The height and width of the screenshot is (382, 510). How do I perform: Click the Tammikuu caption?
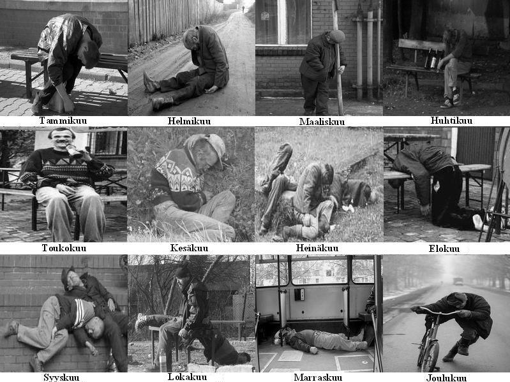coord(63,121)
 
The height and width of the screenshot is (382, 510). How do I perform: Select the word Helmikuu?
coord(189,121)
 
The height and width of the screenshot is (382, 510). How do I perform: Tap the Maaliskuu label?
coord(322,122)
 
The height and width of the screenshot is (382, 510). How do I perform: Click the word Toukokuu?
coord(64,248)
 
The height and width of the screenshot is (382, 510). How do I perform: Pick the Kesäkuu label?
coord(189,248)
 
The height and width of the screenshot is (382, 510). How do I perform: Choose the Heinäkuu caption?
coord(317,248)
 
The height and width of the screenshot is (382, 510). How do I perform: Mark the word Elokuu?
coord(444,249)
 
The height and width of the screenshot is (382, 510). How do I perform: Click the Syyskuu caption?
coord(61,378)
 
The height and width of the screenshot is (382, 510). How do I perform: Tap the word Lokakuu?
coord(187,377)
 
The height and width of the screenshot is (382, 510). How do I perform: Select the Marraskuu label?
coord(318,378)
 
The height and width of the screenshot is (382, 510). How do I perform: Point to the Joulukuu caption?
coord(446,378)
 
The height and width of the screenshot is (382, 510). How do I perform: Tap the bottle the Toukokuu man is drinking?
coord(74,151)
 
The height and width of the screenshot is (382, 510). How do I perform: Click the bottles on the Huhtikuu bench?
coord(431,59)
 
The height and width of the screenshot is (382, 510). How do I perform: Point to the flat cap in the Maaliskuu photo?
coord(336,36)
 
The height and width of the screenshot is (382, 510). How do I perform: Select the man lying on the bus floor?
coord(320,340)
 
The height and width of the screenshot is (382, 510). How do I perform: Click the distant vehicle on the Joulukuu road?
coord(458,281)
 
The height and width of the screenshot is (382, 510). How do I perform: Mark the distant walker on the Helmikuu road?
coord(243,9)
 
